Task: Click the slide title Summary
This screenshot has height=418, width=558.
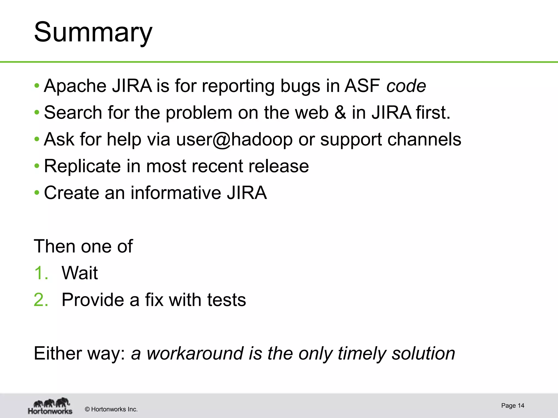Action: pyautogui.click(x=93, y=33)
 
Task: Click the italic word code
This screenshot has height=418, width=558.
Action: pyautogui.click(x=406, y=86)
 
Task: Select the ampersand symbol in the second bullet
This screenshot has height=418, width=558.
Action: pyautogui.click(x=340, y=112)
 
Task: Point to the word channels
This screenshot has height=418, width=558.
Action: pyautogui.click(x=424, y=139)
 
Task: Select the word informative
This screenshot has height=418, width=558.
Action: pyautogui.click(x=176, y=193)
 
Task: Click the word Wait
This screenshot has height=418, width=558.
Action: pyautogui.click(x=80, y=273)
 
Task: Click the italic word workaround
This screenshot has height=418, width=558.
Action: pyautogui.click(x=195, y=353)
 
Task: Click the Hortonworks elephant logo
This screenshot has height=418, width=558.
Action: pyautogui.click(x=50, y=406)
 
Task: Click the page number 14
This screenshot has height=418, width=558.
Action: pyautogui.click(x=521, y=405)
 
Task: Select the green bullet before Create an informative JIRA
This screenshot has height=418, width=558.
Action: pyautogui.click(x=37, y=193)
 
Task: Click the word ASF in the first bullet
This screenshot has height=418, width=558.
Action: pyautogui.click(x=362, y=86)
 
